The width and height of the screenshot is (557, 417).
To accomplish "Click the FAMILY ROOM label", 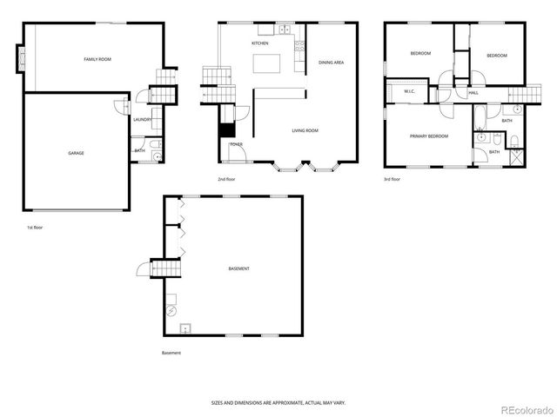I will pyautogui.click(x=97, y=59).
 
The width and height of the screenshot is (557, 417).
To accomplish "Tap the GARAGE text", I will pyautogui.click(x=76, y=153).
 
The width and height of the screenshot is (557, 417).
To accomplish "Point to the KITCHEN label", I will pyautogui.click(x=259, y=43).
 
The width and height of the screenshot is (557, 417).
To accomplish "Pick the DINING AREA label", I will pyautogui.click(x=332, y=63).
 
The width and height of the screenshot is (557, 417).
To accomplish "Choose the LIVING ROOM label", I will pyautogui.click(x=305, y=130).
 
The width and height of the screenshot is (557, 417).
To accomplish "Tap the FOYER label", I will pyautogui.click(x=236, y=144).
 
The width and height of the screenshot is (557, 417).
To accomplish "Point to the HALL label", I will pyautogui.click(x=473, y=92).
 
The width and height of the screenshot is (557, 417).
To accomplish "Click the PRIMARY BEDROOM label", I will pyautogui.click(x=429, y=136).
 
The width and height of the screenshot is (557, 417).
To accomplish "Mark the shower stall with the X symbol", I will pyautogui.click(x=516, y=157).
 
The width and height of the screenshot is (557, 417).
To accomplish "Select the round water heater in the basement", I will pyautogui.click(x=171, y=309).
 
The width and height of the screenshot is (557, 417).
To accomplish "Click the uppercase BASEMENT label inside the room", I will pyautogui.click(x=238, y=268).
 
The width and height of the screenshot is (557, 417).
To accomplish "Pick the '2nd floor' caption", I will pyautogui.click(x=228, y=179).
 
